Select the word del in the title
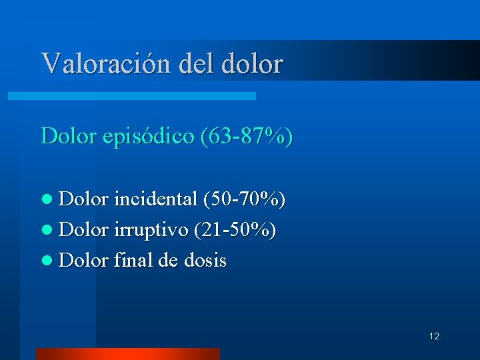(193, 63)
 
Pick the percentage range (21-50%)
(235, 229)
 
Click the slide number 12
(434, 336)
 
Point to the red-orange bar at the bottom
(127, 354)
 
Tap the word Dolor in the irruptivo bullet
(84, 229)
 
